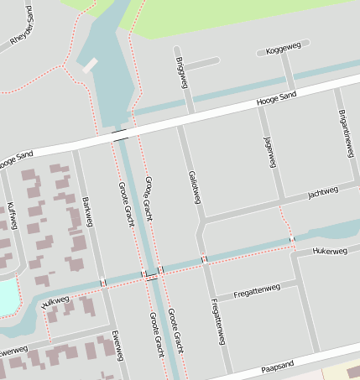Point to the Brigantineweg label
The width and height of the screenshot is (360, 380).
345,133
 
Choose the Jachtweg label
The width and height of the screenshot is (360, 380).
323,192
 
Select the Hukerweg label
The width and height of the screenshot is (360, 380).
329,250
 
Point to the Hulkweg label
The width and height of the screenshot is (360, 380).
54,301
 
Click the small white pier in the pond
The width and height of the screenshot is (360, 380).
90,64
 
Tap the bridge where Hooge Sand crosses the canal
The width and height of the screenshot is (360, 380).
121,134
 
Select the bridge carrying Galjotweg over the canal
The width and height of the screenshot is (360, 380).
204,259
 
